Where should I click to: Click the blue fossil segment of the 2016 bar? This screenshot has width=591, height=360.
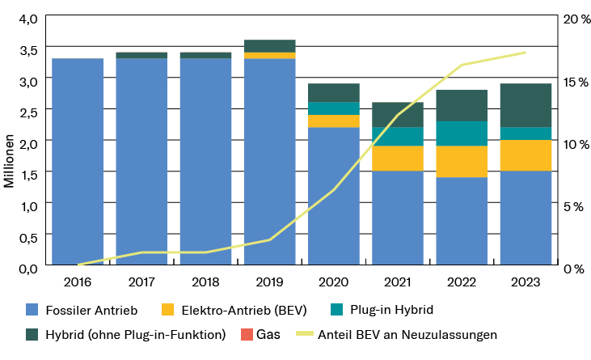click(78, 162)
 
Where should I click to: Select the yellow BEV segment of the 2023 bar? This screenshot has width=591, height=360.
click(526, 155)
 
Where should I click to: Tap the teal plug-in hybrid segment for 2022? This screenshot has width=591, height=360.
click(462, 133)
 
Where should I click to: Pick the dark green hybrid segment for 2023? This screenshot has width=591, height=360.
click(526, 105)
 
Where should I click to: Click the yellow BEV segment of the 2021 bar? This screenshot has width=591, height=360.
click(398, 159)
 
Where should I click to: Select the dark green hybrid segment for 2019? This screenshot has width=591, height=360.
click(270, 45)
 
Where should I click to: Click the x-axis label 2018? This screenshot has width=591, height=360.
click(206, 282)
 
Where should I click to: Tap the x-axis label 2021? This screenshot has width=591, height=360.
click(398, 282)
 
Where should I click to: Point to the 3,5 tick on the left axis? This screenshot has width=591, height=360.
click(27, 50)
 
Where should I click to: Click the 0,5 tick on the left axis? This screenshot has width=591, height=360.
click(27, 237)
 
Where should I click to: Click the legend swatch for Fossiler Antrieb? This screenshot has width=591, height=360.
click(32, 310)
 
